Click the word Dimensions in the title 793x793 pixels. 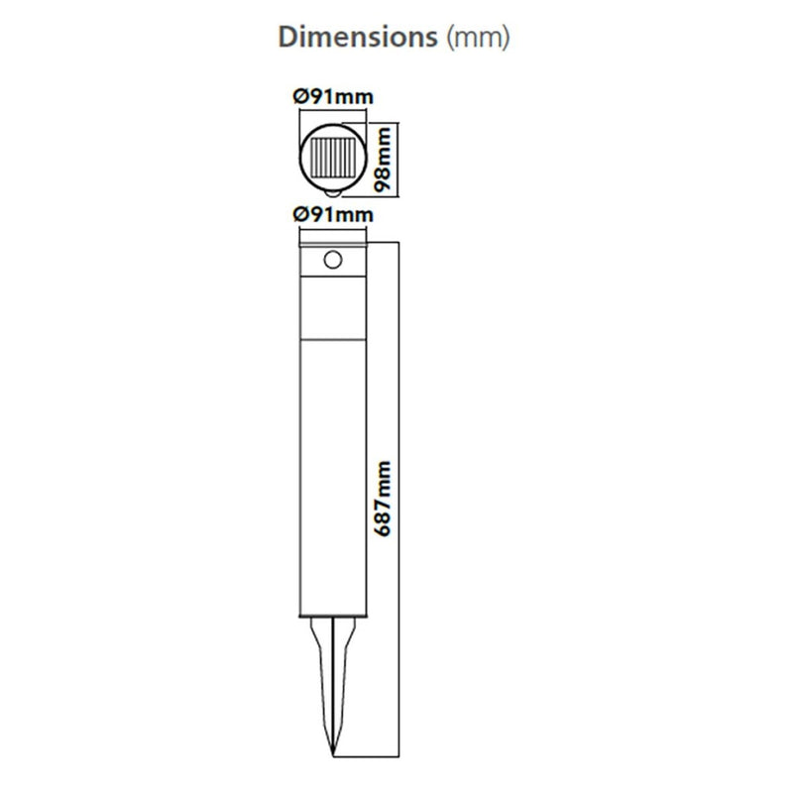click(x=358, y=38)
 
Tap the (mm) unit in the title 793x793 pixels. click(x=479, y=38)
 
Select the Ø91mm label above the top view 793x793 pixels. click(x=333, y=96)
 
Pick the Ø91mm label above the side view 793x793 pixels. click(x=333, y=214)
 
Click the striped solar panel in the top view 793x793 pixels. click(x=333, y=157)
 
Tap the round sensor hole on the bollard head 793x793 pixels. click(x=333, y=261)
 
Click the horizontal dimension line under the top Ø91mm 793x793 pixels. click(x=333, y=109)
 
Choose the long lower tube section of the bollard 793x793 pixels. click(x=333, y=476)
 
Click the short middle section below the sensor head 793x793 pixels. click(x=333, y=312)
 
